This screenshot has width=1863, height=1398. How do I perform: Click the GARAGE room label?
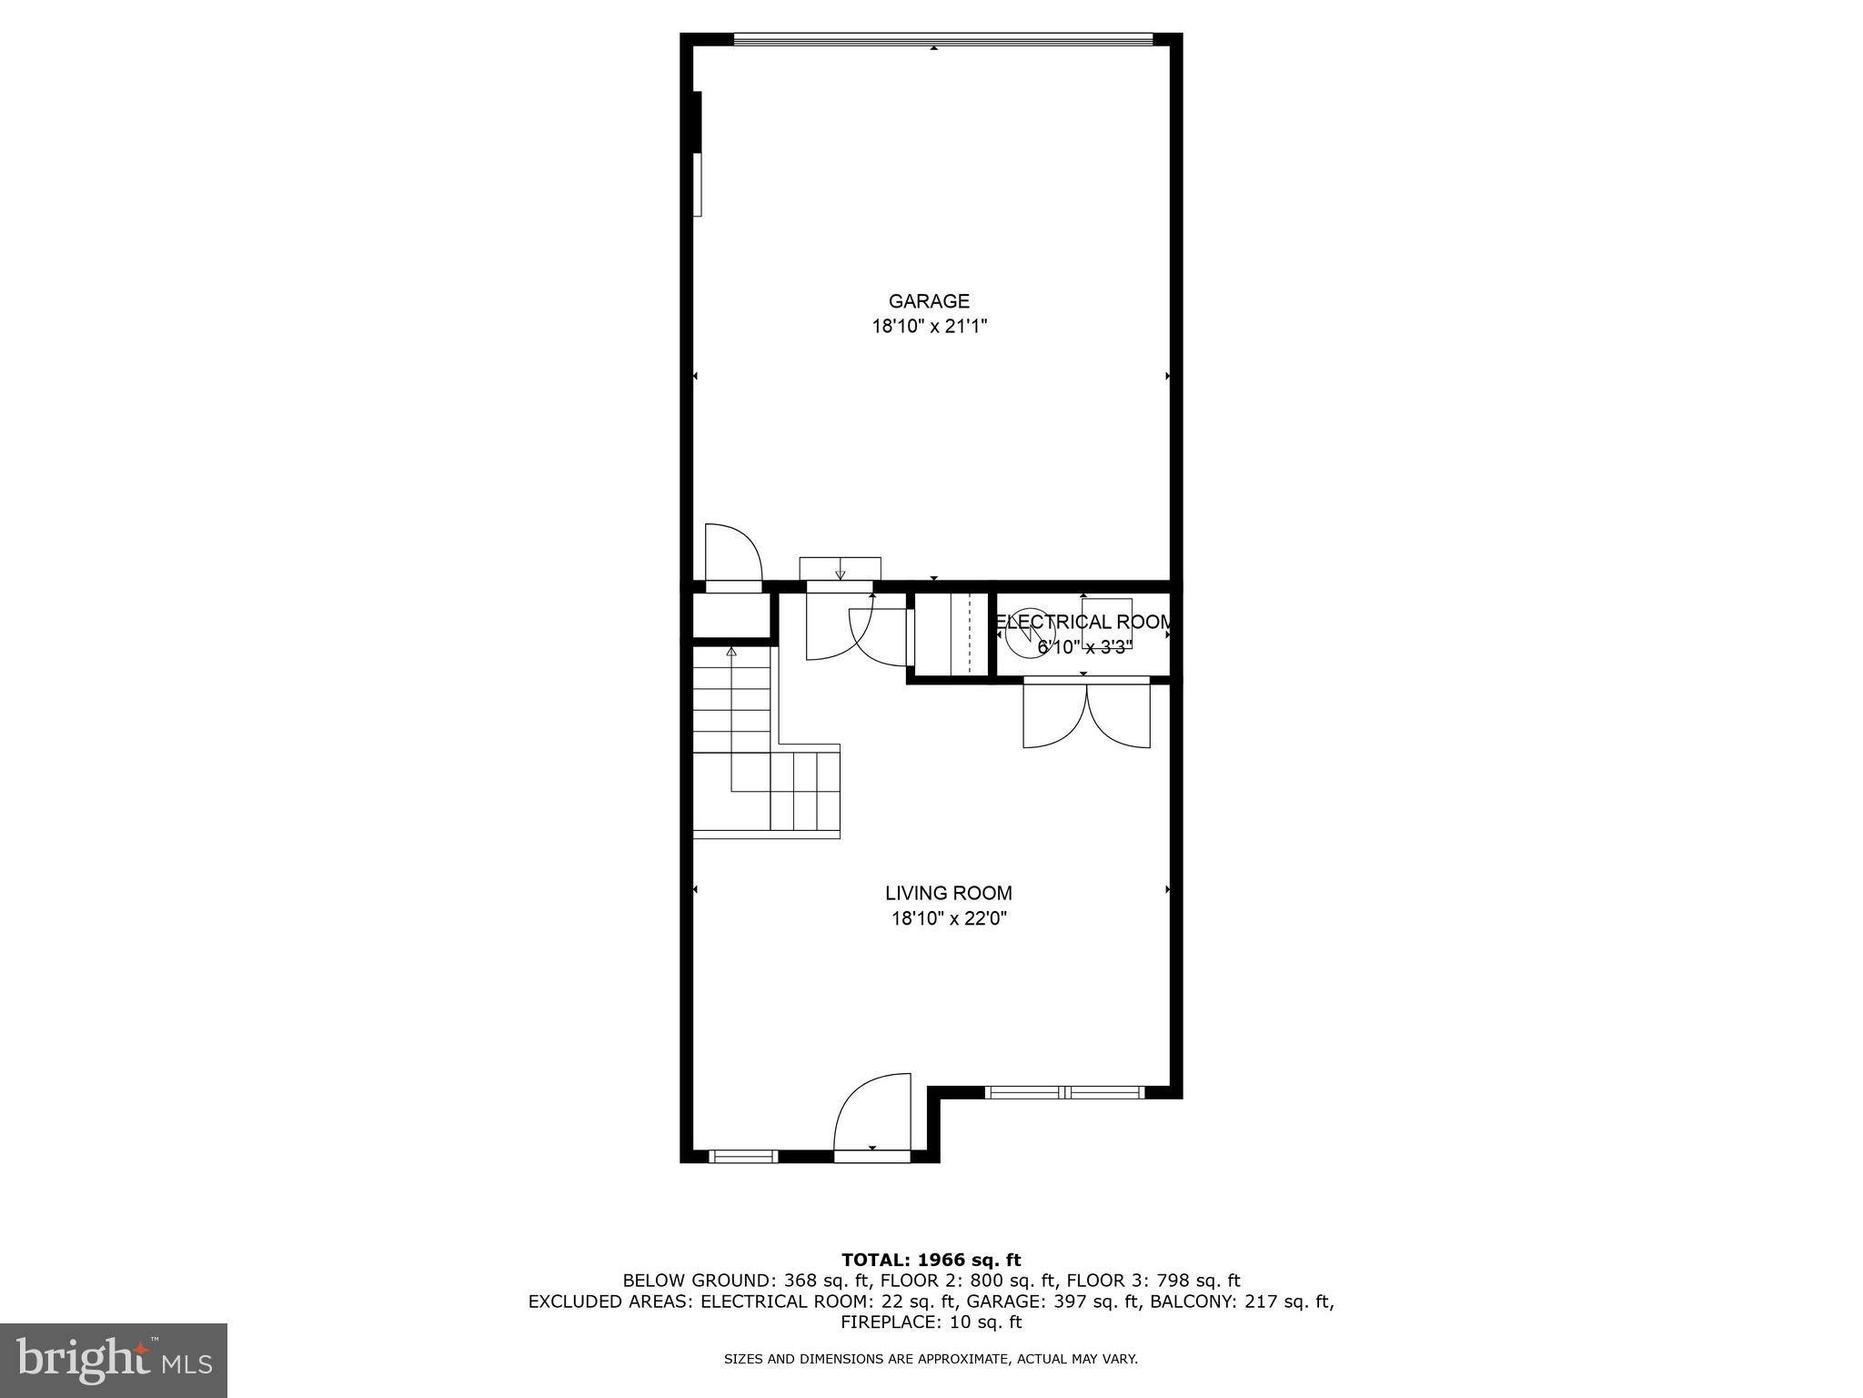click(929, 301)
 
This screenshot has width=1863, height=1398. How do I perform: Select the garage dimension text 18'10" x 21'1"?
click(929, 327)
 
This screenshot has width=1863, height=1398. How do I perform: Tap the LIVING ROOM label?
click(948, 894)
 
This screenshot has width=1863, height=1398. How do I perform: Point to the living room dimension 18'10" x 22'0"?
click(948, 919)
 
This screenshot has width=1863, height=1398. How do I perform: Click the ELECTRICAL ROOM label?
click(1083, 623)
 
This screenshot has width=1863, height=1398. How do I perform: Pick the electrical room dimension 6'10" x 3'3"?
click(1084, 648)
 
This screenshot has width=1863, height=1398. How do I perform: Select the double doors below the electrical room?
click(1086, 715)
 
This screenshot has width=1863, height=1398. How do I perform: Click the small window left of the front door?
click(743, 1157)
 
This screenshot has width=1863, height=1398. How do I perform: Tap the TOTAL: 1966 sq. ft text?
click(931, 1260)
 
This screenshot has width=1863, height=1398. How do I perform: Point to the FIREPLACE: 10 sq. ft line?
click(931, 1322)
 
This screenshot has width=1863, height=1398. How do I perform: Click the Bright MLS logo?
click(114, 1360)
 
